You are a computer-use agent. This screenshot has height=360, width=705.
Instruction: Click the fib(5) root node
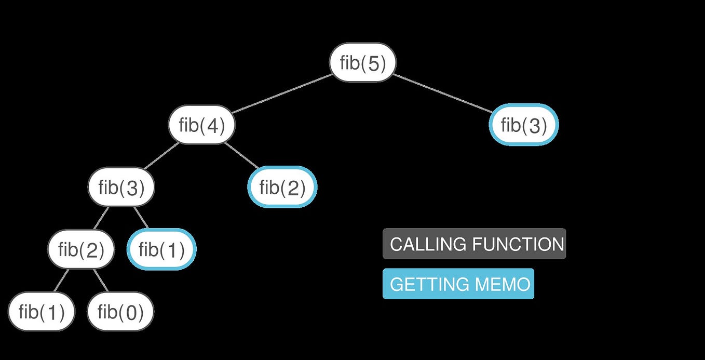coord(362,62)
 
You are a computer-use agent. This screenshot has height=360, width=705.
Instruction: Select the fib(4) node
coord(202,125)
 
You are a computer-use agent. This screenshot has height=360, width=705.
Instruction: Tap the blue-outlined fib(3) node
coord(524,125)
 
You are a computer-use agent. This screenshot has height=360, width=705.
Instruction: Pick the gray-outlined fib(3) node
coord(121,187)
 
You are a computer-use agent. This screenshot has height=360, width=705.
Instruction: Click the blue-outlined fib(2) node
coord(282,187)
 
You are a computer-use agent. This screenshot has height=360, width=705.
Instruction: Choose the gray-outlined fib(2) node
coord(81,249)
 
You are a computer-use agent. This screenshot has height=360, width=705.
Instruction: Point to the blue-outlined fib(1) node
coord(161,249)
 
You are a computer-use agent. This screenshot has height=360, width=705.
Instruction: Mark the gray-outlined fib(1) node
coord(41,312)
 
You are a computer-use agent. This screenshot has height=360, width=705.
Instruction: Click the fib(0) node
coord(120,312)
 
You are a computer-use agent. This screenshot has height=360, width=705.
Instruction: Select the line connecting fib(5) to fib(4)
coord(282,94)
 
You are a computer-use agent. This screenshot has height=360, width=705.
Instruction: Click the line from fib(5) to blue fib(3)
coord(443,94)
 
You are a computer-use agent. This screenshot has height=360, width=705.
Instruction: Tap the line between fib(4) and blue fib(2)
coord(242,156)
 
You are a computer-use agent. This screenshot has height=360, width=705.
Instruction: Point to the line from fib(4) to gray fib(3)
coord(161,156)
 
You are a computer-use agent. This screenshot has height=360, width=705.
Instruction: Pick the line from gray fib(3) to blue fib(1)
coord(141,217)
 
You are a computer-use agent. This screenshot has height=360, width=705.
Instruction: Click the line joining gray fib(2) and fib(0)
coord(101,281)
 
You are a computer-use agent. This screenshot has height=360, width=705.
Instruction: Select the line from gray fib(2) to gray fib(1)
coord(61,281)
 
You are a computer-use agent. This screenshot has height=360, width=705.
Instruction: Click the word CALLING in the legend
coord(428,244)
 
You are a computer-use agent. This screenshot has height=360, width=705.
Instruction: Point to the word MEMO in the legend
coord(503,284)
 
